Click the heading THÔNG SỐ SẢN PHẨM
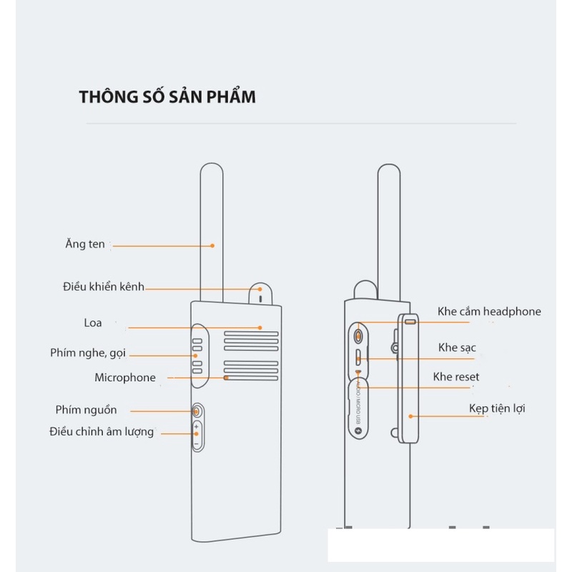[167, 97]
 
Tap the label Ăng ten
[85, 245]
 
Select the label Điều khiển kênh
[104, 287]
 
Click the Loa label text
[93, 323]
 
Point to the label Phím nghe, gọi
[89, 353]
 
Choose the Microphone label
[125, 378]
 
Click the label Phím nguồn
[86, 410]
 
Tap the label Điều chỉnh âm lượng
[102, 432]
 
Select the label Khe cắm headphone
[489, 311]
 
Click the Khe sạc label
[458, 347]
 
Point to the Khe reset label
[456, 377]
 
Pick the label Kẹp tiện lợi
[497, 408]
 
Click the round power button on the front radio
[197, 411]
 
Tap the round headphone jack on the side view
[358, 334]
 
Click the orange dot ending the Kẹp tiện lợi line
[410, 415]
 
